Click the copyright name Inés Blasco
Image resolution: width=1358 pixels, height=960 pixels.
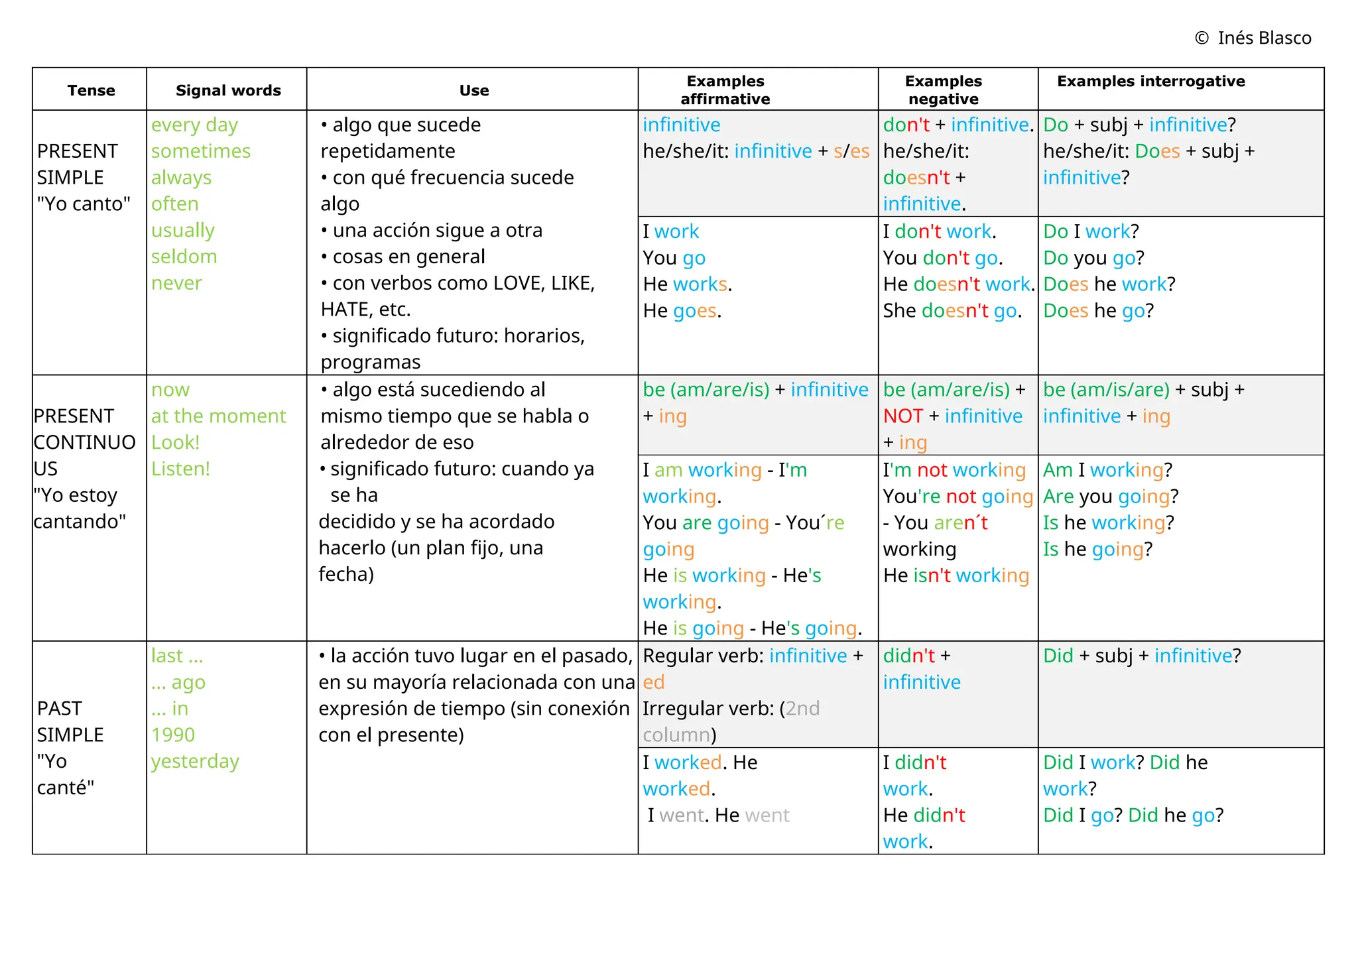[1264, 38]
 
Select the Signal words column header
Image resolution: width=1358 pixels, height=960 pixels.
[228, 90]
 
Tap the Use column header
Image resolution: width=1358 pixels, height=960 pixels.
[473, 90]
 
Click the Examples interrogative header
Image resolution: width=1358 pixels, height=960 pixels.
[1150, 81]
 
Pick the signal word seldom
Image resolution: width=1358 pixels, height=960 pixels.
[184, 257]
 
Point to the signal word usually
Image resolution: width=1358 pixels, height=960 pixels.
[182, 231]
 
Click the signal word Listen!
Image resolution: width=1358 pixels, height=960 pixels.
[180, 469]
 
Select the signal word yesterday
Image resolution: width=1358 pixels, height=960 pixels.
[195, 761]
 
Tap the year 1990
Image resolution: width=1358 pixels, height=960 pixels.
[172, 735]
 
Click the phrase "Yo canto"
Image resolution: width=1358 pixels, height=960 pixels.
[84, 204]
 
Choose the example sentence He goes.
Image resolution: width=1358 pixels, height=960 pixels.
[682, 310]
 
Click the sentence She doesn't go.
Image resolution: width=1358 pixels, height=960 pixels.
[952, 310]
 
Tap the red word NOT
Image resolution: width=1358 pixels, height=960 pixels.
[902, 416]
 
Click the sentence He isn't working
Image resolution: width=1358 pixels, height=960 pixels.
[956, 575]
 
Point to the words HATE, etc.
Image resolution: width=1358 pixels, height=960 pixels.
[365, 310]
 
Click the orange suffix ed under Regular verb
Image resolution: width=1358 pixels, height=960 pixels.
[653, 682]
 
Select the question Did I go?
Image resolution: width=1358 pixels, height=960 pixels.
[1082, 815]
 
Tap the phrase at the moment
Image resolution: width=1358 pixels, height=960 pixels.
[218, 416]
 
